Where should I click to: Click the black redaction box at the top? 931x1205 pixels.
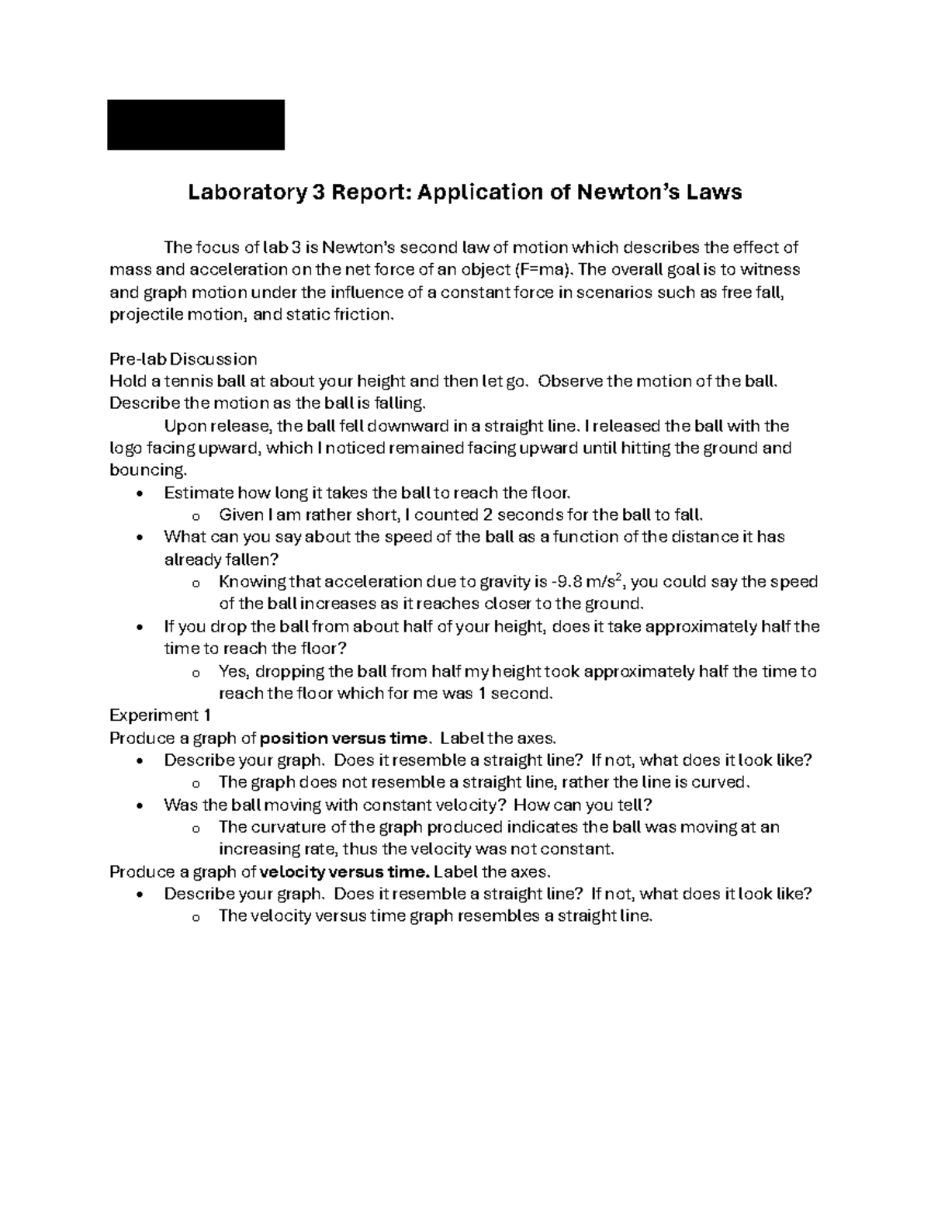pos(196,124)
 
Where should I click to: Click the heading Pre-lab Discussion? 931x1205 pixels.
pos(183,359)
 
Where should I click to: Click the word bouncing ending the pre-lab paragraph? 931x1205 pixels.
pos(147,471)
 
